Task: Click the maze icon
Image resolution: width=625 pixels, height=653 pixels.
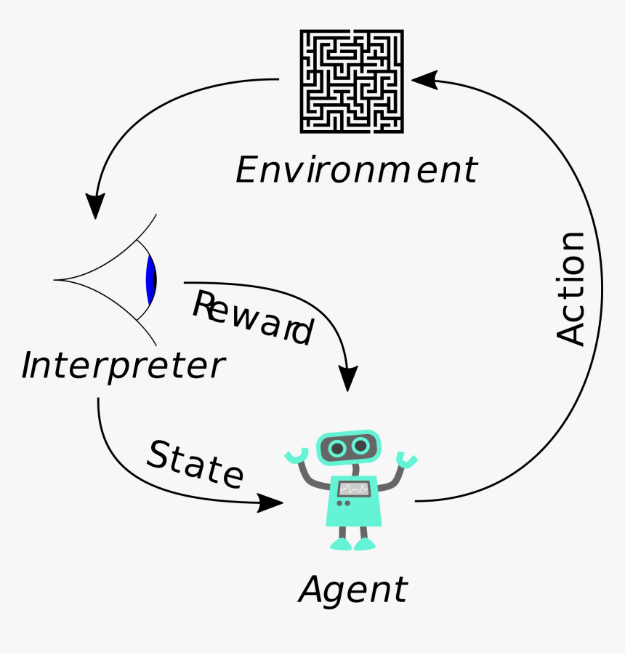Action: click(x=352, y=81)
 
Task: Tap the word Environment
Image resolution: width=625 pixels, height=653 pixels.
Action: click(x=356, y=170)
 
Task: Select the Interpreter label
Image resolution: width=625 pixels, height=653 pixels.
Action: click(x=123, y=366)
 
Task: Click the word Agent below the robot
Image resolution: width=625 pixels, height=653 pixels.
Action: click(x=353, y=589)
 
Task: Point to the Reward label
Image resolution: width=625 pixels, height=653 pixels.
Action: click(x=251, y=318)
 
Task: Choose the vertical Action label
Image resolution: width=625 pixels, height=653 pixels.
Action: click(x=570, y=288)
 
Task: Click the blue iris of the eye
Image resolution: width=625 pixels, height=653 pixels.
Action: click(x=150, y=280)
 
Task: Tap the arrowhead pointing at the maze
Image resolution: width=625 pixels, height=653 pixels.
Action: click(x=424, y=79)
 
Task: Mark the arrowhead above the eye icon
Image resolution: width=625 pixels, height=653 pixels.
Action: click(x=95, y=205)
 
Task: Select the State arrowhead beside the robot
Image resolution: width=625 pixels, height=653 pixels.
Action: click(x=270, y=502)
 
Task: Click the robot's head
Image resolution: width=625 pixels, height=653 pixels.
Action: click(x=349, y=446)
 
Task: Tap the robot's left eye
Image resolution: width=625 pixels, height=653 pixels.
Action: click(x=336, y=448)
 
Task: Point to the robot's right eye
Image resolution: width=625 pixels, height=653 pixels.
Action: click(x=361, y=446)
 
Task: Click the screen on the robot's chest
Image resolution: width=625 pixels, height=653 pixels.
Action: click(x=353, y=489)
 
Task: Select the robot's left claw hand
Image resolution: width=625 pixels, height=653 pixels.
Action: click(x=294, y=457)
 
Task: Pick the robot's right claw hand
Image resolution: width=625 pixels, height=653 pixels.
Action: click(x=407, y=460)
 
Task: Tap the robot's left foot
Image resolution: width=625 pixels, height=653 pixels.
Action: click(x=340, y=543)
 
